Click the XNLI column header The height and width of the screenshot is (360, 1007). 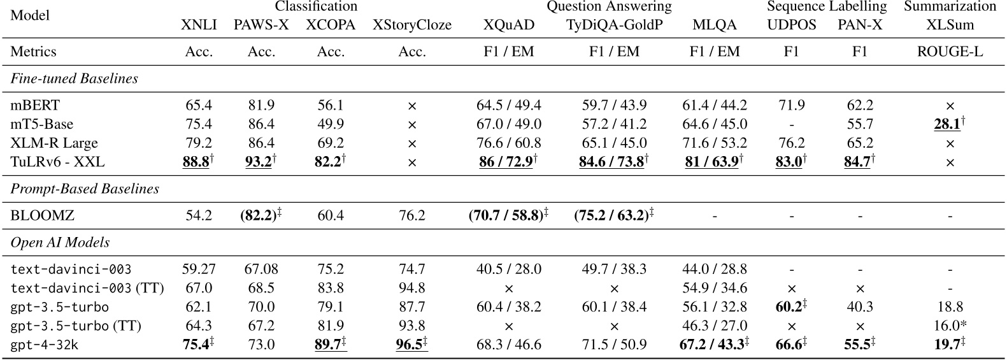tap(199, 25)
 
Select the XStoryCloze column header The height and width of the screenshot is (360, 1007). tap(411, 25)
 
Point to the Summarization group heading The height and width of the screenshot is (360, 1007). tap(950, 7)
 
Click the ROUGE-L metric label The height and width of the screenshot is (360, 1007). tap(950, 52)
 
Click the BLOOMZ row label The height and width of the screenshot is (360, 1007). tap(42, 215)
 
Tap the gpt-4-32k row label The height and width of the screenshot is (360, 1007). tap(45, 345)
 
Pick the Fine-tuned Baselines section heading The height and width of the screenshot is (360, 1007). tap(75, 79)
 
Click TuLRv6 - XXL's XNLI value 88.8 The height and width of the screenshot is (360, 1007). tap(197, 162)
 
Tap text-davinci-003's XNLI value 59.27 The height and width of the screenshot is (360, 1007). tap(199, 270)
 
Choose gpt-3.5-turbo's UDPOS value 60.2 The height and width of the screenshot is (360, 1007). tap(788, 307)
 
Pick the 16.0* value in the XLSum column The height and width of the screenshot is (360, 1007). tap(950, 326)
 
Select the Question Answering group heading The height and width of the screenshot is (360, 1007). tap(609, 7)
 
